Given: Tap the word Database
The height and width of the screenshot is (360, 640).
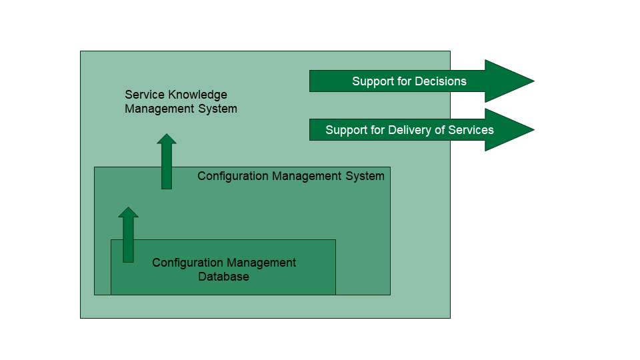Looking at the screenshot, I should pyautogui.click(x=223, y=277).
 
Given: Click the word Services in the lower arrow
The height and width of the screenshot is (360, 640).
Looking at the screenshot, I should pyautogui.click(x=471, y=130).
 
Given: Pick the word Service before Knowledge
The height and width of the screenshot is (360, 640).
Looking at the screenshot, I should pyautogui.click(x=144, y=95).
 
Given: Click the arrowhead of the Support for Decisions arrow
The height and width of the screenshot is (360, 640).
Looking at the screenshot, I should pyautogui.click(x=510, y=81).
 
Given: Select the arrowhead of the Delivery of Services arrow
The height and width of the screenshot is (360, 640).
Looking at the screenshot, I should pyautogui.click(x=510, y=130).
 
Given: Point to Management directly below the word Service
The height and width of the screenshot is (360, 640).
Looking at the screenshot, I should pyautogui.click(x=158, y=109).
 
